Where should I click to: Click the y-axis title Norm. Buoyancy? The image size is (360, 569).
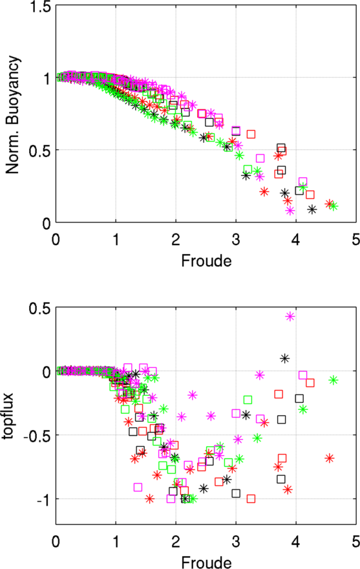(12, 114)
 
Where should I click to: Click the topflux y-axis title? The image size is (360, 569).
(8, 415)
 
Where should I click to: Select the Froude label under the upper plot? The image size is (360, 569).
(206, 261)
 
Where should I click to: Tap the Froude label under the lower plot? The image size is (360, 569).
(206, 562)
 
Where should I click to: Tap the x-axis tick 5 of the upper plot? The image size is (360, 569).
(355, 239)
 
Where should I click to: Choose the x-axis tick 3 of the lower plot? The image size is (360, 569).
(236, 541)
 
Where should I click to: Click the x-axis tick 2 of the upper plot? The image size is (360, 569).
(176, 239)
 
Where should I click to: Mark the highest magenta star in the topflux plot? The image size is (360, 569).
(290, 316)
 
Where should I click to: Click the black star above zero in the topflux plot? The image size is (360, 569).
(284, 358)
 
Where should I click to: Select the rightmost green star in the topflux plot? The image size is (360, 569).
(334, 380)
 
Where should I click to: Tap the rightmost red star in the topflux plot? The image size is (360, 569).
(329, 458)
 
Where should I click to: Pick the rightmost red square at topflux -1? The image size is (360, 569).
(251, 499)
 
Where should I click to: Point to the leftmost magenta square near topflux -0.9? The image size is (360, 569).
(138, 487)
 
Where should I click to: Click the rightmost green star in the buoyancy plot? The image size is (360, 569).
(333, 206)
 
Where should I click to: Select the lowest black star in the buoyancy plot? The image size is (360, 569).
(312, 209)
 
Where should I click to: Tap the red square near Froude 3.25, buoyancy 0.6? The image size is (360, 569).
(251, 134)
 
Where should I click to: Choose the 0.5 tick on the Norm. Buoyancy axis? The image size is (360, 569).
(41, 151)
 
